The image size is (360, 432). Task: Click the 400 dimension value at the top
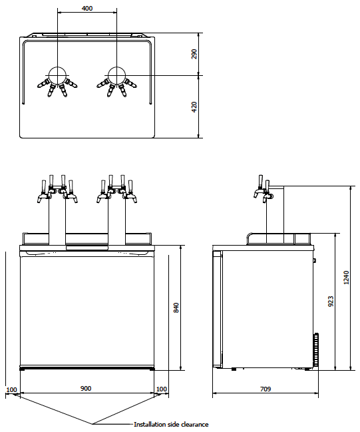pyautogui.click(x=87, y=9)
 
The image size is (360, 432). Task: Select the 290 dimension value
pyautogui.click(x=194, y=54)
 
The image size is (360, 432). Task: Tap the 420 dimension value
pyautogui.click(x=194, y=107)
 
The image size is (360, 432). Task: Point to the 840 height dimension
pyautogui.click(x=176, y=308)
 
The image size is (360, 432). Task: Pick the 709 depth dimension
pyautogui.click(x=265, y=388)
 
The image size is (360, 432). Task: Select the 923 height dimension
pyautogui.click(x=331, y=302)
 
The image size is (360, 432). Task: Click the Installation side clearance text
pyautogui.click(x=171, y=424)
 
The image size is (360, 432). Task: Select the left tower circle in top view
pyautogui.click(x=58, y=75)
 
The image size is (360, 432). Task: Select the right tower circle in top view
pyautogui.click(x=116, y=75)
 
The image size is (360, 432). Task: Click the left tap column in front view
pyautogui.click(x=57, y=220)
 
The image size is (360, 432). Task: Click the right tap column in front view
pyautogui.click(x=116, y=220)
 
